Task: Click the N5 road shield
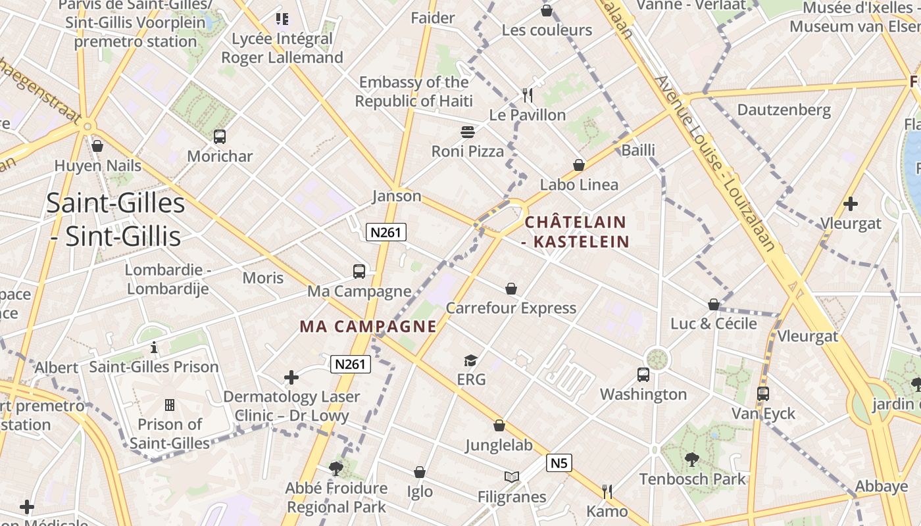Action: pos(559,463)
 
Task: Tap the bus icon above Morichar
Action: pos(220,137)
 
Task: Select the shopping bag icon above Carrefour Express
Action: pos(511,289)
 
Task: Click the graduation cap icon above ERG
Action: pos(470,360)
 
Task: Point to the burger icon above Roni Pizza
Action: pos(468,132)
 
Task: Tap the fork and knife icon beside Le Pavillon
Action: pos(528,95)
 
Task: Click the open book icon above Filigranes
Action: pos(512,477)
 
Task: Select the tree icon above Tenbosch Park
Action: pos(691,460)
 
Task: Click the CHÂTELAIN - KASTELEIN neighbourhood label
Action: pos(576,231)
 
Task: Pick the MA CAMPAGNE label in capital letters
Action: pos(368,326)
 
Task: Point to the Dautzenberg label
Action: pos(784,110)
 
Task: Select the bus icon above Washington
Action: pos(643,375)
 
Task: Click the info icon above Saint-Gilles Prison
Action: pos(154,347)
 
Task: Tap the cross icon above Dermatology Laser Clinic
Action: pos(291,377)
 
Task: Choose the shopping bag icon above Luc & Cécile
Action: pos(714,304)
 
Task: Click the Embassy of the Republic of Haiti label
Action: pos(414,91)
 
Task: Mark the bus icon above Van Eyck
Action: pos(763,394)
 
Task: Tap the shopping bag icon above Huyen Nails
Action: pos(97,146)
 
